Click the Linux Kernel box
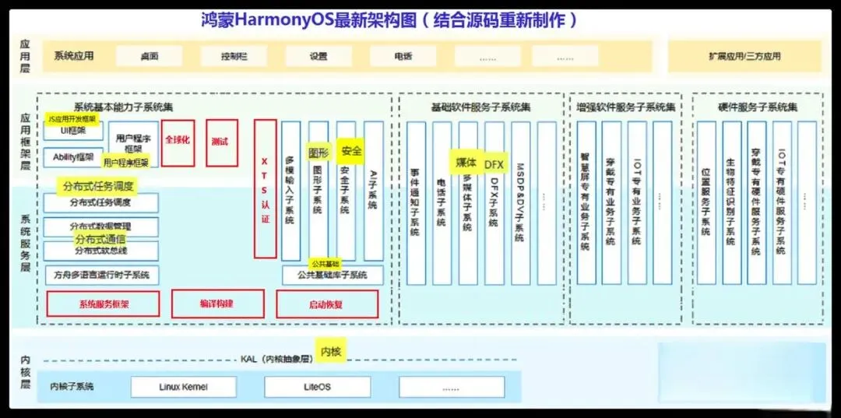[x=184, y=387]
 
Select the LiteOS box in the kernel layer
[x=317, y=387]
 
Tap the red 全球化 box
[x=178, y=142]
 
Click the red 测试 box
[x=221, y=142]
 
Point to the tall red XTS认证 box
[x=265, y=188]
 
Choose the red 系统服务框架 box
[x=104, y=304]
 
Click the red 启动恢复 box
[x=327, y=304]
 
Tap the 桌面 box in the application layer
[x=150, y=56]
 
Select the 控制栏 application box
[x=234, y=56]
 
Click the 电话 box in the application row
[x=403, y=56]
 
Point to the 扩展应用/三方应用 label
[x=744, y=56]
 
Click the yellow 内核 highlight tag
[x=330, y=352]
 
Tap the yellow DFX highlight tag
[x=494, y=164]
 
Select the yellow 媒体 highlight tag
[x=465, y=162]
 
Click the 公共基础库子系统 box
[x=333, y=276]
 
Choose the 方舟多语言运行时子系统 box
[x=101, y=275]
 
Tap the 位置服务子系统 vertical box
[x=706, y=202]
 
